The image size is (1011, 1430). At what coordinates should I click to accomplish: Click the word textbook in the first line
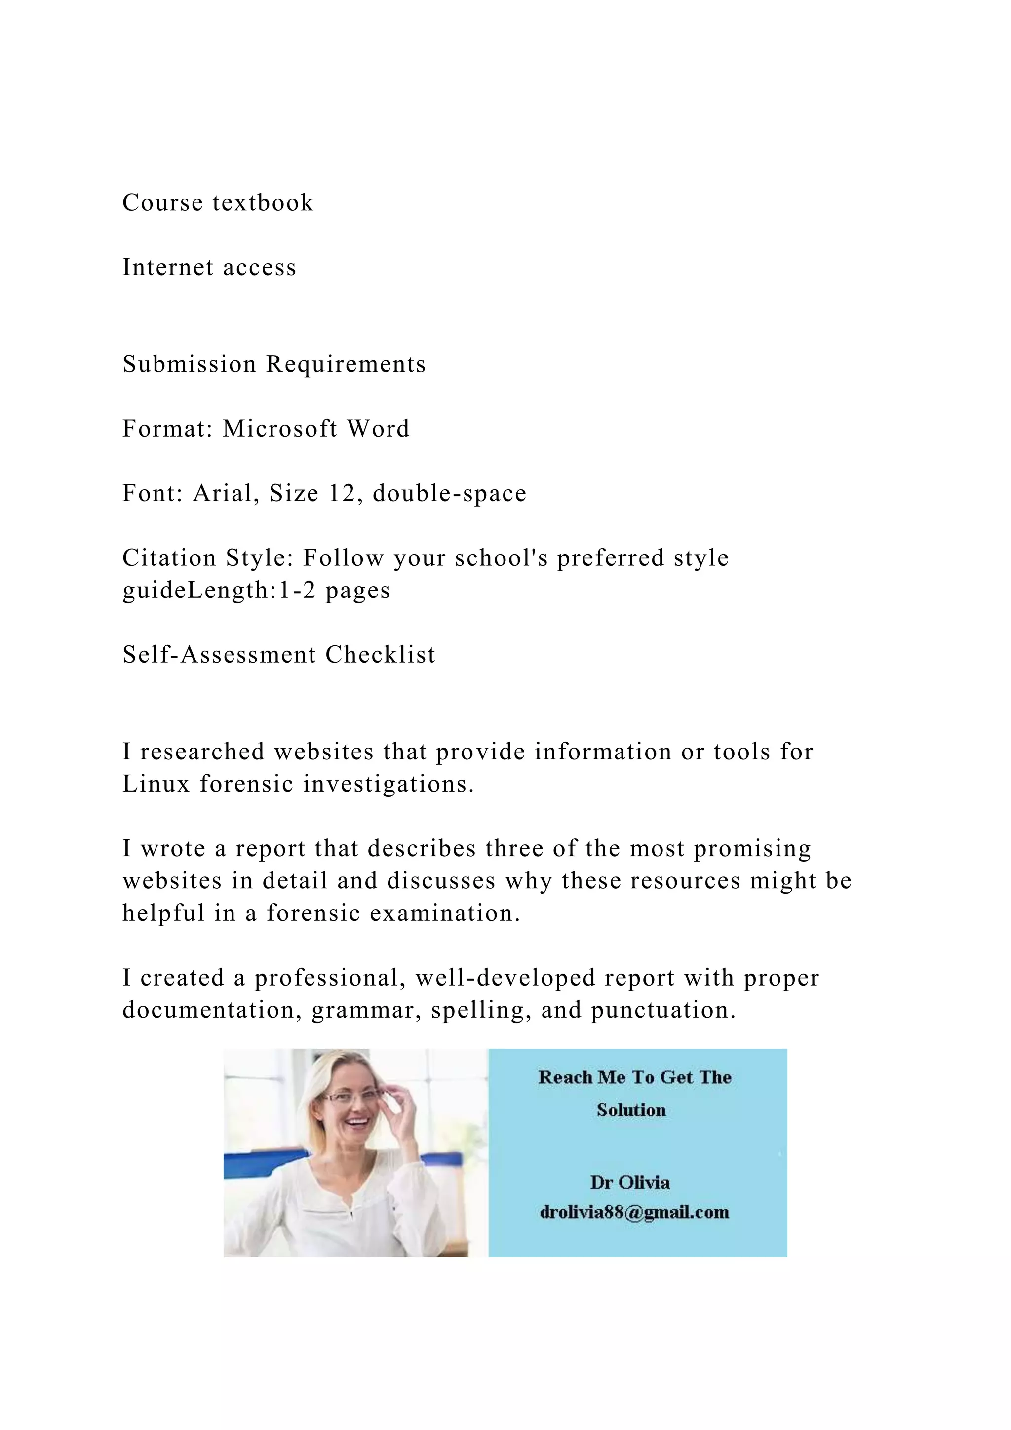coord(263,203)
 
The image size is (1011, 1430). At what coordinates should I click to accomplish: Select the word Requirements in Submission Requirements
coord(346,365)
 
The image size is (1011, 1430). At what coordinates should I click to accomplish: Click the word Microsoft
coord(280,429)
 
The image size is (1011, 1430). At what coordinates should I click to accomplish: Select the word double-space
coord(450,494)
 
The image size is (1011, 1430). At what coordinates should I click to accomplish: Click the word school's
coord(502,558)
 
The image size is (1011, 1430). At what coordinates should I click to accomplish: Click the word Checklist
coord(381,655)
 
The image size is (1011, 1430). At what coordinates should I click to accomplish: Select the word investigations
coord(389,784)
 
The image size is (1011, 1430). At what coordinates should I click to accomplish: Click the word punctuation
coord(663,1010)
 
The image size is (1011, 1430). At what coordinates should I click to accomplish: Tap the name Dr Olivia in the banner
coord(630,1183)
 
